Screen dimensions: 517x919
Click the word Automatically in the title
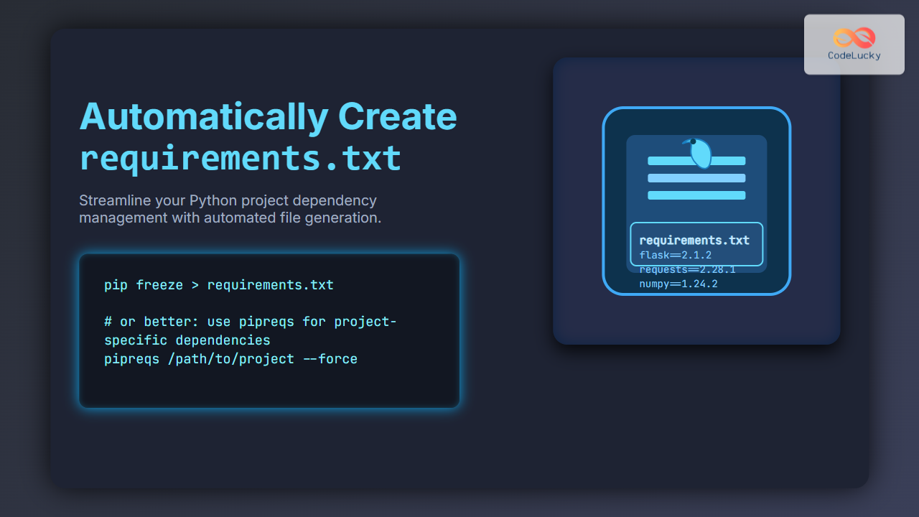pyautogui.click(x=203, y=117)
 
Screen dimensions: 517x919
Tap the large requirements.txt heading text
pyautogui.click(x=240, y=157)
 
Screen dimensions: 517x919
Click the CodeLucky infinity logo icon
pyautogui.click(x=854, y=37)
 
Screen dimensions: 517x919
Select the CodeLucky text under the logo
pyautogui.click(x=854, y=55)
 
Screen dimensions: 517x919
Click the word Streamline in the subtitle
pyautogui.click(x=116, y=200)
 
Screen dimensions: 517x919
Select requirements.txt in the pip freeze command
pyautogui.click(x=270, y=285)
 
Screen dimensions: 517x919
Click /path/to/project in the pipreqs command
pyautogui.click(x=230, y=358)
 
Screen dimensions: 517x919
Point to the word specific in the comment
pyautogui.click(x=136, y=340)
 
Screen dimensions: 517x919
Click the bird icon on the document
pyautogui.click(x=699, y=152)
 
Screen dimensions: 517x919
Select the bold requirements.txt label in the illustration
pyautogui.click(x=694, y=241)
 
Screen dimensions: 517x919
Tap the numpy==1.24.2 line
pyautogui.click(x=678, y=284)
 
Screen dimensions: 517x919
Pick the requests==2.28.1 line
pyautogui.click(x=687, y=269)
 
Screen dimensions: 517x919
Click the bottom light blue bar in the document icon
pyautogui.click(x=696, y=195)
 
